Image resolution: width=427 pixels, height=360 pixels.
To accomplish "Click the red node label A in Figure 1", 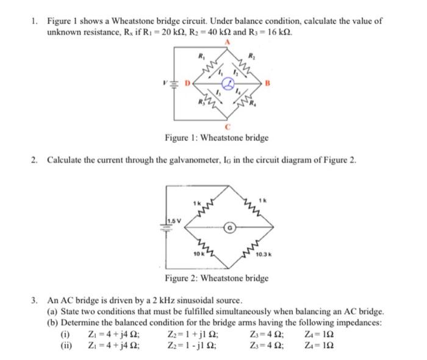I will pos(228,42).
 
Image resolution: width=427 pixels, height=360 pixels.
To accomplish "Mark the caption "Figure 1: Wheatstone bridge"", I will pos(217,138).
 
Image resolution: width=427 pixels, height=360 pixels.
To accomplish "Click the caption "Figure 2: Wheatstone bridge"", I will pos(217,278).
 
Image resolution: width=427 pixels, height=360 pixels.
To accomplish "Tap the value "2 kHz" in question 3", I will pos(152,301).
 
